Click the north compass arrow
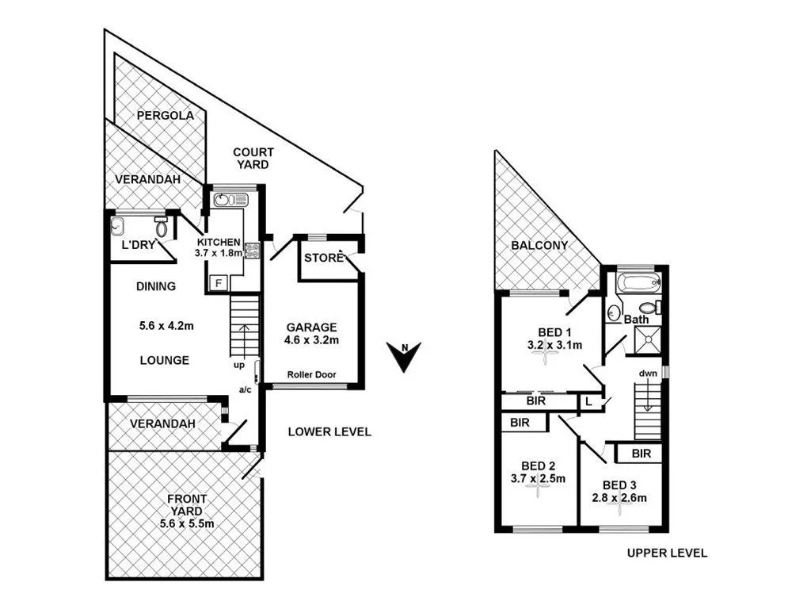[x=405, y=355]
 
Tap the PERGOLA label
[x=165, y=115]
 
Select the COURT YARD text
[x=253, y=158]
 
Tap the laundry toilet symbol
[x=162, y=228]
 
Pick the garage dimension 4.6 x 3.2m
[x=312, y=341]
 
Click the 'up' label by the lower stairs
[x=238, y=366]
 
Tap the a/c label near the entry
[x=246, y=390]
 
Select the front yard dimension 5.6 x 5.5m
[x=187, y=524]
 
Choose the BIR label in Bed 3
[x=642, y=454]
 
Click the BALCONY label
[x=539, y=245]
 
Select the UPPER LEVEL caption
[x=667, y=553]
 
